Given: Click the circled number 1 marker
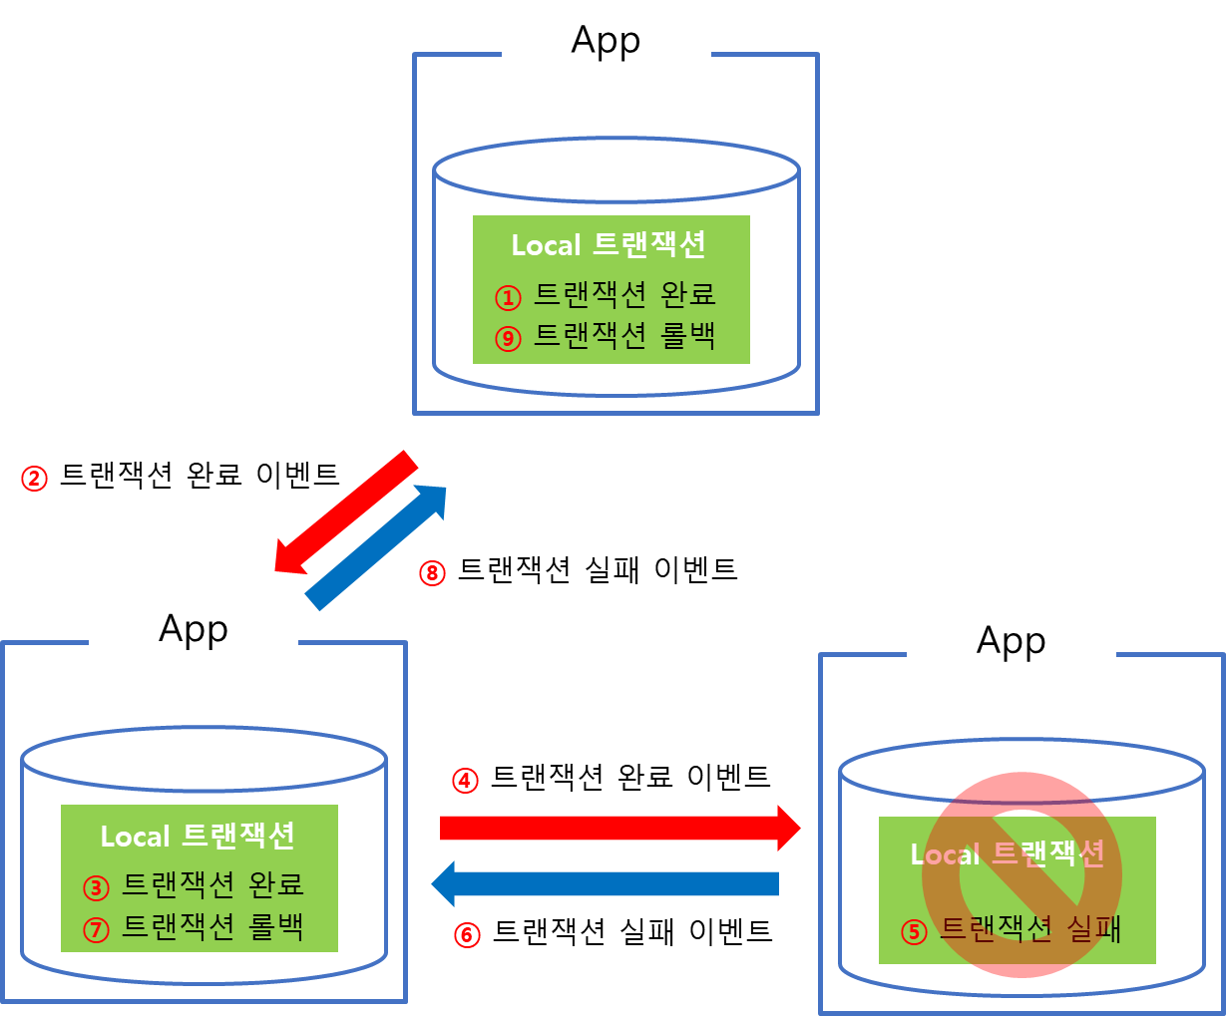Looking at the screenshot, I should pos(508,297).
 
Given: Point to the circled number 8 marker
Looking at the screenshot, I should pos(431,573).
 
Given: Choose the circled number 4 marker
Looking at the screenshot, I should pos(465,780).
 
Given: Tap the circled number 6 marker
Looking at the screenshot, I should pos(467,934).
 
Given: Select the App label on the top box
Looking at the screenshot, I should pos(606,40).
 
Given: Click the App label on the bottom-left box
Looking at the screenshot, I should pos(194,629).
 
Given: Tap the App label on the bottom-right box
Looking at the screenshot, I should pos(1011,640).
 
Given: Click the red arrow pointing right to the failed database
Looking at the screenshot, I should pos(618,828).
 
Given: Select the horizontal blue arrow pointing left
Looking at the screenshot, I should pos(605,883).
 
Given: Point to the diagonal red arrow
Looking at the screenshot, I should pos(345,511).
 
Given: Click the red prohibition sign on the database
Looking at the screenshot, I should pos(1022,873).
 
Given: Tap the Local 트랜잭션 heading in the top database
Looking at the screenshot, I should pos(609,245).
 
